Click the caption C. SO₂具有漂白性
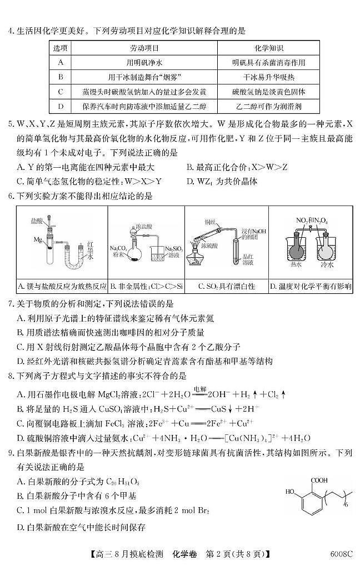[x=227, y=287]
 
